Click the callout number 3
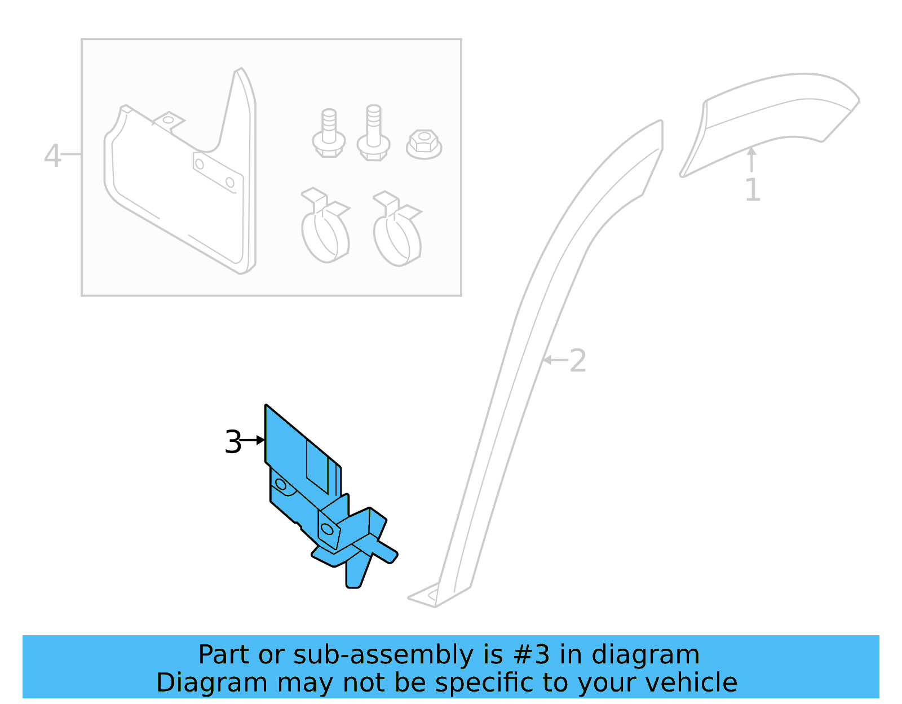click(x=232, y=442)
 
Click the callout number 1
click(x=752, y=190)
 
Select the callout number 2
click(x=578, y=361)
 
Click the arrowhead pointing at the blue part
click(x=260, y=440)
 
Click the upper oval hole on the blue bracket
click(x=281, y=484)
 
